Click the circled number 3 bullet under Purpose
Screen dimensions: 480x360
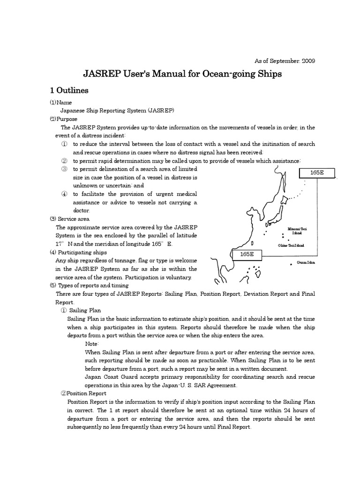click(x=64, y=169)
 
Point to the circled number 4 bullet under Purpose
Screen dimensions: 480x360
click(x=64, y=194)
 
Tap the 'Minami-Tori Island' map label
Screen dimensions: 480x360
click(x=297, y=230)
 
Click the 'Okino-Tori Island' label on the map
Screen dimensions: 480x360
click(x=291, y=245)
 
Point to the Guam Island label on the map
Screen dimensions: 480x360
click(x=306, y=262)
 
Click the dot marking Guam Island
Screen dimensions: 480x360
click(x=291, y=264)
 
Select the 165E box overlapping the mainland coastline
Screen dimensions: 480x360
click(x=247, y=254)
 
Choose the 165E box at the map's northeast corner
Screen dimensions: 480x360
click(x=317, y=173)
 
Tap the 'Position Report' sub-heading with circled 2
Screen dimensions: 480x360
click(x=83, y=393)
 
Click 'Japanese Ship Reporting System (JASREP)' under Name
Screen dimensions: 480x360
click(x=118, y=111)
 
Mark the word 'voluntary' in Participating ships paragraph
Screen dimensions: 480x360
click(x=179, y=277)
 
